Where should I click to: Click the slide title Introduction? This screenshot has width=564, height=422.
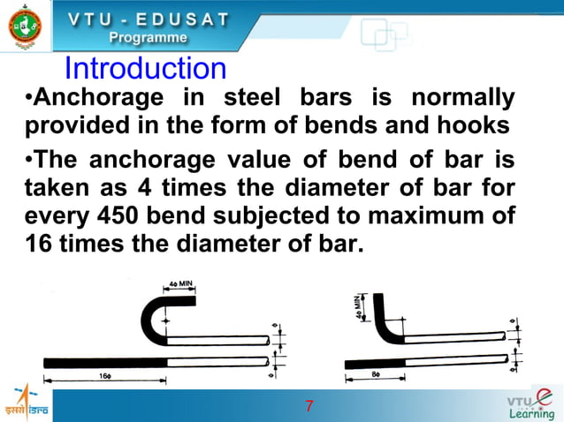(x=146, y=69)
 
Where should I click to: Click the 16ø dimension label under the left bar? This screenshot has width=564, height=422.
(x=104, y=375)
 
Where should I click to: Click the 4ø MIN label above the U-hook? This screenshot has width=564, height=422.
(x=180, y=286)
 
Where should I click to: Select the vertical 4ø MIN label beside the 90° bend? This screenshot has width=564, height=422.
(x=361, y=308)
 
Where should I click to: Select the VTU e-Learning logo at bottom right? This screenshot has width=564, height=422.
(x=532, y=403)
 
